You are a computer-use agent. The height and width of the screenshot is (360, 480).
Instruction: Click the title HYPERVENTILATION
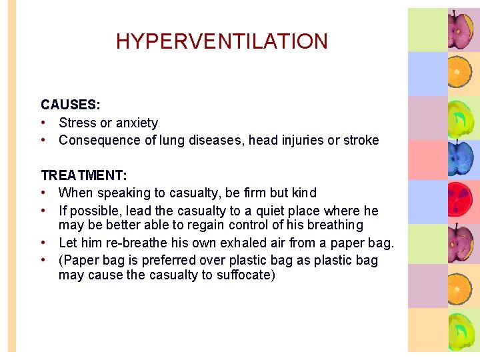pos(221,41)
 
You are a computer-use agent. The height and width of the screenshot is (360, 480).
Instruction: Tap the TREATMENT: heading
pos(84,175)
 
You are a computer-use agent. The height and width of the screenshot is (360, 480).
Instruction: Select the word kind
pos(304,193)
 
